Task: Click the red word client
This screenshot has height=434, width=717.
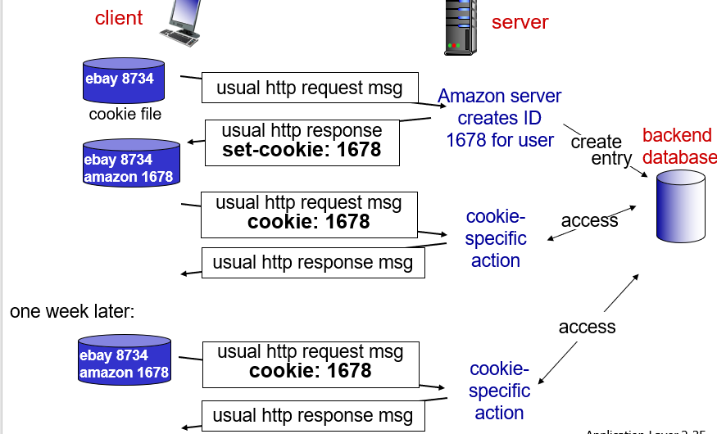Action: click(x=119, y=17)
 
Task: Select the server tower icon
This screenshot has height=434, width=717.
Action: click(x=460, y=26)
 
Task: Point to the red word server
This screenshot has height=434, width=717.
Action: click(x=520, y=22)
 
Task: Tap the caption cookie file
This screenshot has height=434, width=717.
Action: click(x=125, y=115)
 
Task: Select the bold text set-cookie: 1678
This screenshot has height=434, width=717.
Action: click(x=302, y=150)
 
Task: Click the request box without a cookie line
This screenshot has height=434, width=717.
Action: click(x=309, y=88)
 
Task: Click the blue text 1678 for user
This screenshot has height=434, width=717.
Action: click(x=500, y=140)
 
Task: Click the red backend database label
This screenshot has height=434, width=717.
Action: click(x=678, y=146)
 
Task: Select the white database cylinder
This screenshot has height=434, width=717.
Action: click(x=680, y=206)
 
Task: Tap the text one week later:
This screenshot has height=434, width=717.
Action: click(x=72, y=311)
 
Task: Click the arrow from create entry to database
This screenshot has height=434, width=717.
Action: click(x=641, y=169)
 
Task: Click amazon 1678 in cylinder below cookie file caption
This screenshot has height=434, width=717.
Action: click(x=128, y=177)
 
